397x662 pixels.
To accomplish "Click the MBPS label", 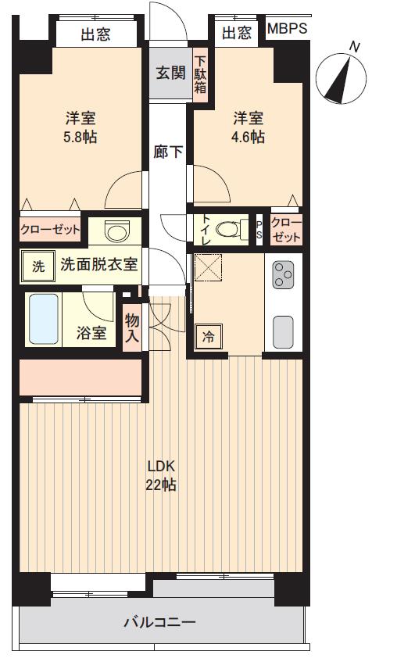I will pyautogui.click(x=287, y=30).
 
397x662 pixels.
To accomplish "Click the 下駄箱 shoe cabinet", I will pyautogui.click(x=201, y=74).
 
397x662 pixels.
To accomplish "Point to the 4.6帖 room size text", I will pyautogui.click(x=248, y=137).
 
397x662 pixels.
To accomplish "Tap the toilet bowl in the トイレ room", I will pyautogui.click(x=231, y=229).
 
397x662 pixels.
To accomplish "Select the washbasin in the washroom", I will pyautogui.click(x=117, y=232).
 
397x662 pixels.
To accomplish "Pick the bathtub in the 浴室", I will pyautogui.click(x=44, y=319).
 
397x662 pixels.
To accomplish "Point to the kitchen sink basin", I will pyautogui.click(x=282, y=332).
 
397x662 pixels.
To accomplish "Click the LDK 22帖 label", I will pyautogui.click(x=160, y=475).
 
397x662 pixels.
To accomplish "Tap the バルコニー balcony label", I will pyautogui.click(x=159, y=623).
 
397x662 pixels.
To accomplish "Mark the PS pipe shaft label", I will pyautogui.click(x=259, y=229).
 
